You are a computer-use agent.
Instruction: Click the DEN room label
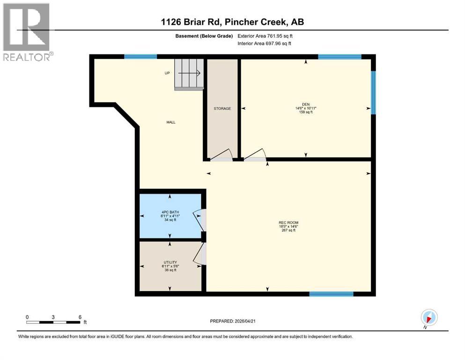(x=306, y=104)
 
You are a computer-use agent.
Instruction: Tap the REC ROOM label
(x=288, y=223)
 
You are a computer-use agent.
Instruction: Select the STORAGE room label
(x=222, y=109)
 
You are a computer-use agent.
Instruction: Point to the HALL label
(x=171, y=122)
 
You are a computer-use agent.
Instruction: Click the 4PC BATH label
(x=170, y=212)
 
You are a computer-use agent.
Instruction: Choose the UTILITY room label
(x=170, y=262)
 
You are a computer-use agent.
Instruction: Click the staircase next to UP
(x=189, y=74)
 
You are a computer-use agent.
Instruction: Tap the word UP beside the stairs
(x=167, y=73)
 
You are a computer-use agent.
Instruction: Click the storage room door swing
(x=221, y=155)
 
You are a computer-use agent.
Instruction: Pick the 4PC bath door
(x=199, y=220)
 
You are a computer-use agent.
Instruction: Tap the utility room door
(x=199, y=254)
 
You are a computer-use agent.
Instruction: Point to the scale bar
(x=53, y=322)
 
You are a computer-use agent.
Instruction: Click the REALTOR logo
(x=27, y=32)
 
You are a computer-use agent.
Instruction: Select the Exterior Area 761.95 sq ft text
(x=265, y=36)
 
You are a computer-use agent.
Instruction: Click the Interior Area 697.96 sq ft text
(x=264, y=43)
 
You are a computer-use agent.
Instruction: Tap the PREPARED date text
(x=233, y=321)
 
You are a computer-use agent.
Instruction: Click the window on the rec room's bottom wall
(x=331, y=294)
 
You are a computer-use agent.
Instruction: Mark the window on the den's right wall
(x=373, y=93)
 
